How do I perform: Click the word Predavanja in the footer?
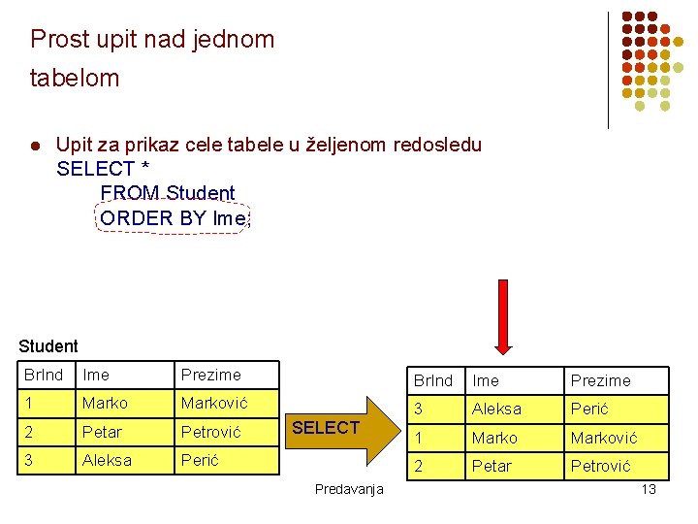pos(349,489)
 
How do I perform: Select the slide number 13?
pos(649,489)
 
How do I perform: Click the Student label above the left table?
pos(48,345)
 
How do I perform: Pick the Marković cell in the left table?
pos(213,403)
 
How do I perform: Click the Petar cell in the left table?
pos(103,431)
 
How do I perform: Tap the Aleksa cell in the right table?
pos(496,409)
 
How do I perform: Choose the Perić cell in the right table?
pos(589,409)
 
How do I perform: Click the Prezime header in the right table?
pos(600,380)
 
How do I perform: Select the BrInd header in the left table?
pos(44,375)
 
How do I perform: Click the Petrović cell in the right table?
pos(600,466)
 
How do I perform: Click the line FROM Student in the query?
pos(168,192)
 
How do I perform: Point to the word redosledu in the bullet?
pos(437,146)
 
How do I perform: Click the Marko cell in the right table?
pos(494,438)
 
